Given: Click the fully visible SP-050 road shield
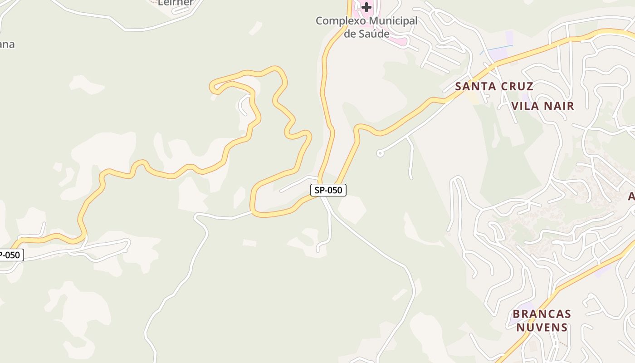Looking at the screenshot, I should click(x=328, y=190).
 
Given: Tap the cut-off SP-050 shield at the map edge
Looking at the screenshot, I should click(x=10, y=255).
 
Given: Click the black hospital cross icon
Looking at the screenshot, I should click(x=366, y=7).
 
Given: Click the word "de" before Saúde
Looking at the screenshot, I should click(x=350, y=34).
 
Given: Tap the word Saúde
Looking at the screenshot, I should click(x=373, y=34).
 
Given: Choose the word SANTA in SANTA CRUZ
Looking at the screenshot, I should click(x=474, y=86).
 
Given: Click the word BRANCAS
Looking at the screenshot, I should click(x=542, y=314).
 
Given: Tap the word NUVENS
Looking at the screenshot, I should click(x=542, y=327).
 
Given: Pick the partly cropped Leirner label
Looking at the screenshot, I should click(x=176, y=3).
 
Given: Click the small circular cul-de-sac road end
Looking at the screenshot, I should click(x=380, y=153).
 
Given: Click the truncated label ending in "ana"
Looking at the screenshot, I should click(x=7, y=44).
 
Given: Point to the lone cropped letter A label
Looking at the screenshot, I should click(x=631, y=196).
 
